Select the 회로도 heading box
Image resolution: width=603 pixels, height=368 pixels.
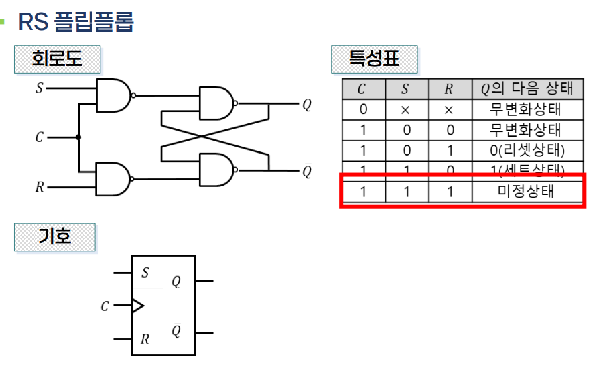pos(57,59)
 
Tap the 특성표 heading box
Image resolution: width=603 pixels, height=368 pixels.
pos(374,59)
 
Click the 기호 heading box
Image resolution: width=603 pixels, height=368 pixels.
pos(55,237)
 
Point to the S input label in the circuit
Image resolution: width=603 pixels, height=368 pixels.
pos(39,88)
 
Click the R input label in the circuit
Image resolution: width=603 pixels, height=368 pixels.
pos(39,187)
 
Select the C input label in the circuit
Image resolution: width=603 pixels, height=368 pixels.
pos(39,137)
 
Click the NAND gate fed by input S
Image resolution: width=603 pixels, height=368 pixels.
pos(113,95)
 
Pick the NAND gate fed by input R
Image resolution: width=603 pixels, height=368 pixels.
pos(113,179)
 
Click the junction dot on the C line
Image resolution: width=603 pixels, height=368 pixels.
pos(79,137)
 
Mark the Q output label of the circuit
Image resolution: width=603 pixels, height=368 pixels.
pos(306,105)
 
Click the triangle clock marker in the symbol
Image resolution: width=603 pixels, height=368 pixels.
pos(137,306)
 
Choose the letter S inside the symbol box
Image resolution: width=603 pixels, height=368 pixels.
pos(145,273)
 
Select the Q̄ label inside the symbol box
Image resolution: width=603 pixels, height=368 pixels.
pos(176,331)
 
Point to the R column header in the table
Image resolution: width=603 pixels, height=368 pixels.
pos(448,89)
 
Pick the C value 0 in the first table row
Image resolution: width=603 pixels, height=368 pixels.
pos(362,109)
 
